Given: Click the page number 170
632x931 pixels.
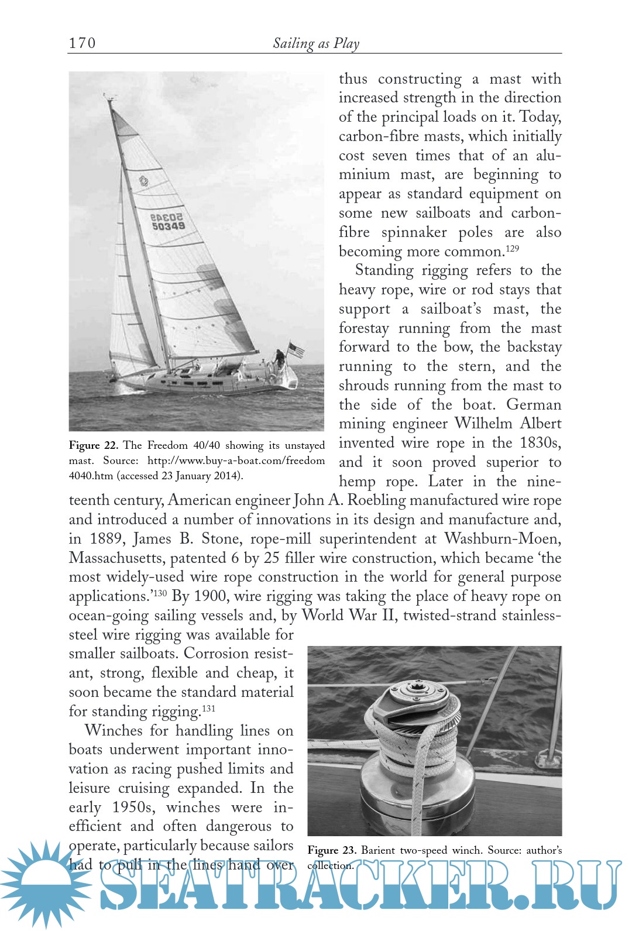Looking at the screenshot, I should coord(82,43).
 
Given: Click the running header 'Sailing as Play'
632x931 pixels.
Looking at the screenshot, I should coord(316,43).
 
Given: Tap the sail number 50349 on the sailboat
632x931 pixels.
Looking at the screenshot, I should coord(169,226).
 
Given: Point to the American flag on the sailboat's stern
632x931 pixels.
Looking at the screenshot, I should coord(296,350).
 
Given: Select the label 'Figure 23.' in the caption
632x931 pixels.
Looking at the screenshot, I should coord(332,850).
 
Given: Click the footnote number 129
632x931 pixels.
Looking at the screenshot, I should coord(513,249).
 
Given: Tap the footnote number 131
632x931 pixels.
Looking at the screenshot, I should coord(209,708).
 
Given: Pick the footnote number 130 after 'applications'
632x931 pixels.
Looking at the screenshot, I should coord(160,593).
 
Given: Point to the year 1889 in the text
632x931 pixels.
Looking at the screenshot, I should coord(106,539).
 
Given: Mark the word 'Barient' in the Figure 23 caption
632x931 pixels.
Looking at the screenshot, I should coord(378,850).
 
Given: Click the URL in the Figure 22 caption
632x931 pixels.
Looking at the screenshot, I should coord(236,461).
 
